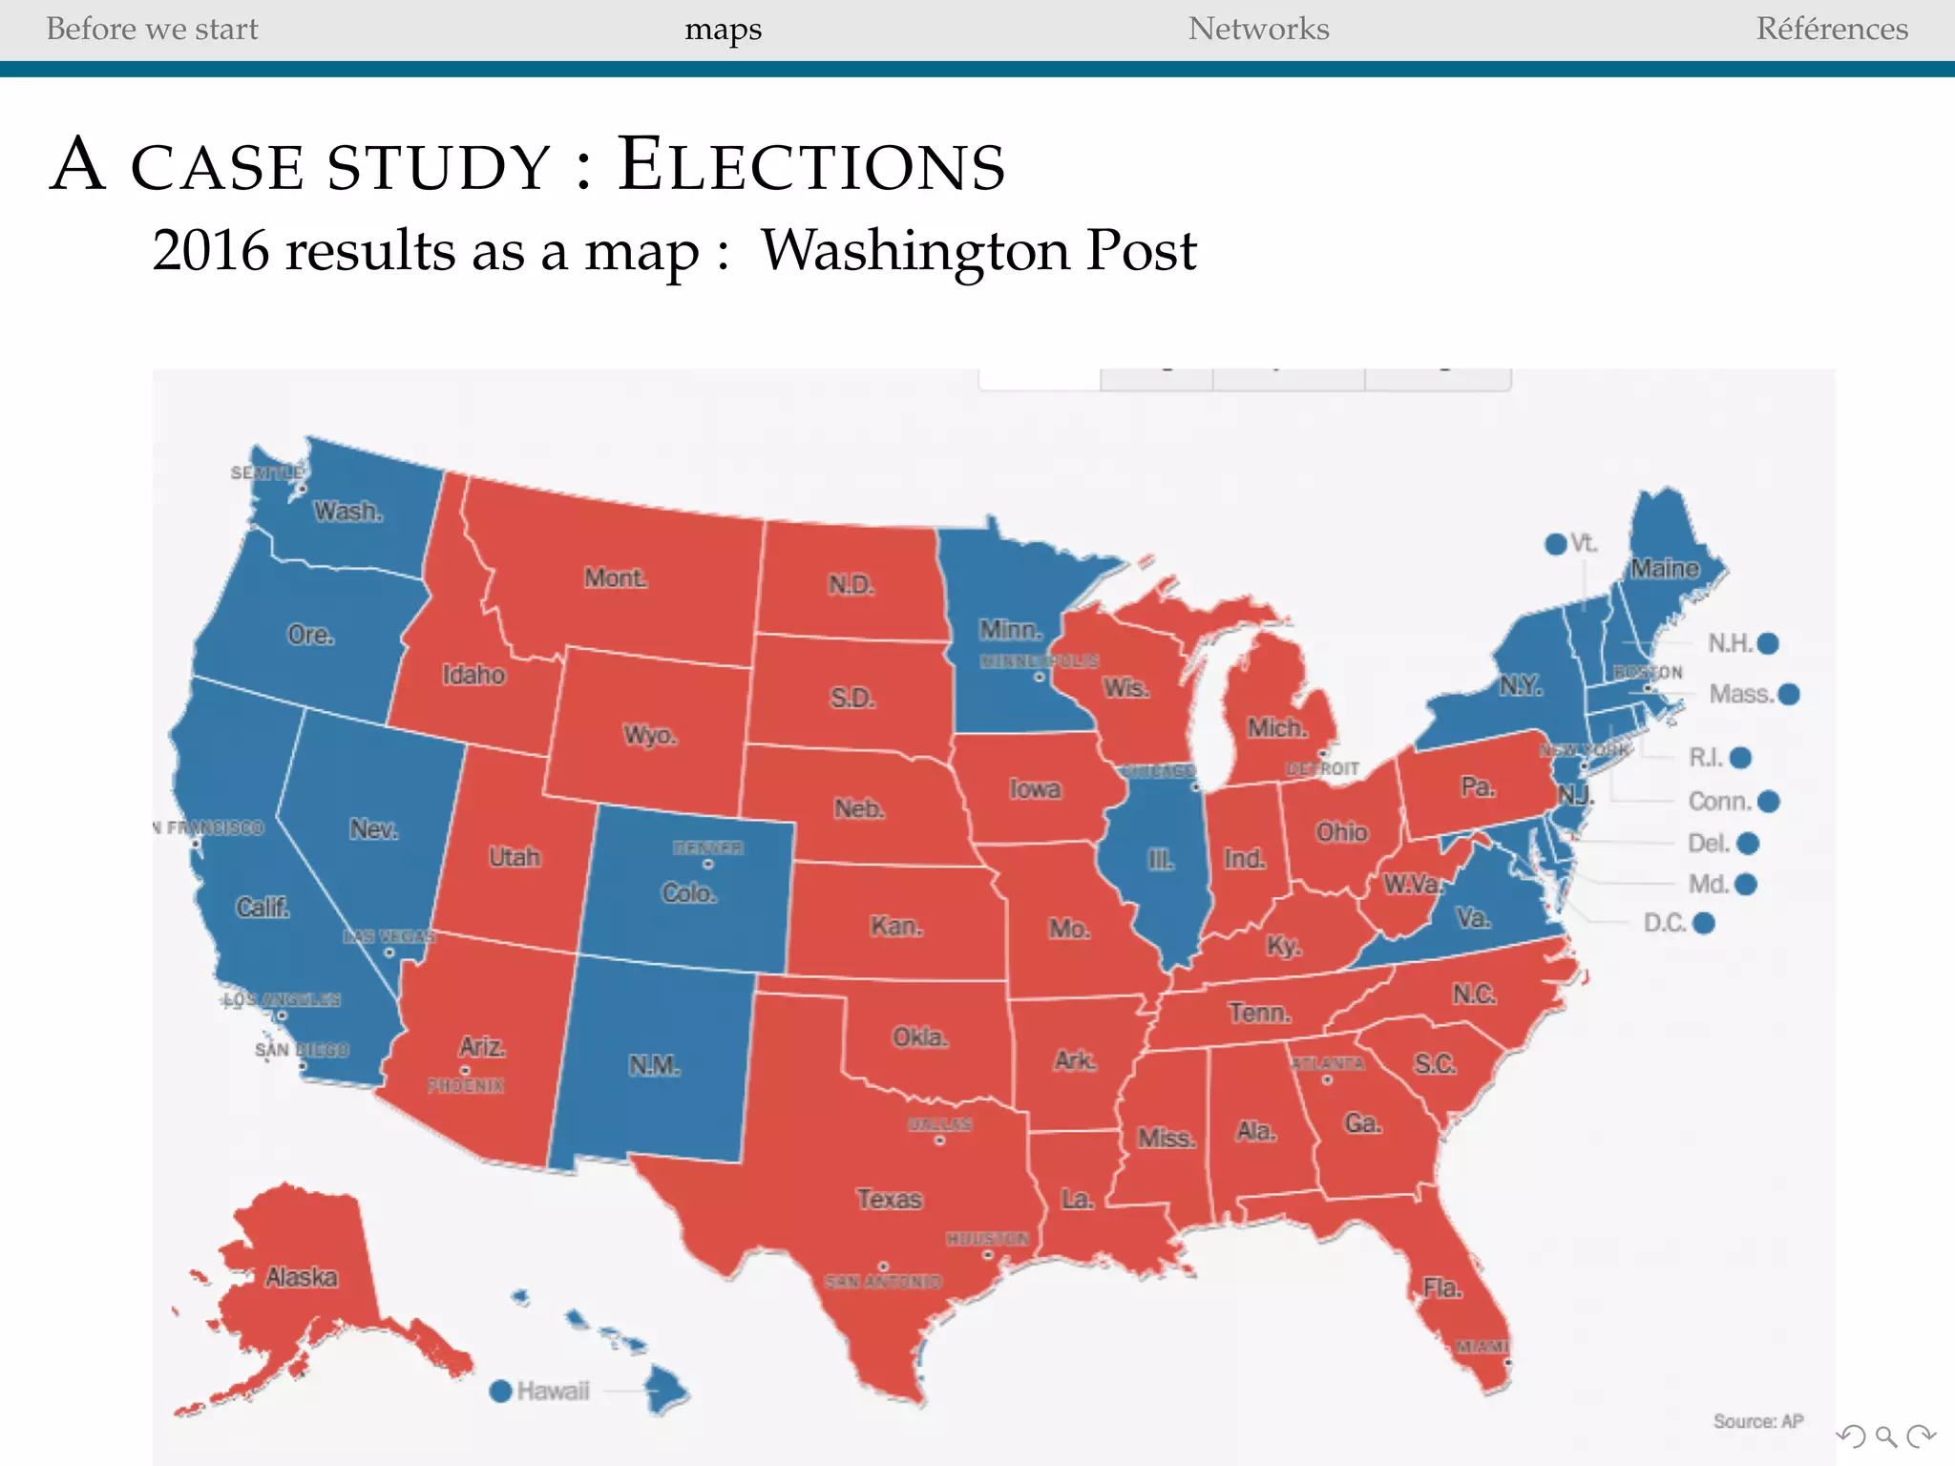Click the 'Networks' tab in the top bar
pyautogui.click(x=1258, y=29)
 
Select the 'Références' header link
pyautogui.click(x=1831, y=29)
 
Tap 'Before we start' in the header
pyautogui.click(x=152, y=29)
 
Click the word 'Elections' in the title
pyautogui.click(x=810, y=164)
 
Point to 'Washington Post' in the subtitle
pyautogui.click(x=978, y=250)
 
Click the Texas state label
pyautogui.click(x=889, y=1199)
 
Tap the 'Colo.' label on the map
pyautogui.click(x=689, y=893)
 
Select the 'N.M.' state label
pyautogui.click(x=654, y=1065)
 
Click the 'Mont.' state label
pyautogui.click(x=616, y=577)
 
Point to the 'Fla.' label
pyautogui.click(x=1442, y=1288)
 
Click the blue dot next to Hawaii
pyautogui.click(x=500, y=1391)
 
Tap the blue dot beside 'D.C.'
pyautogui.click(x=1704, y=923)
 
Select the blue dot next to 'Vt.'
pyautogui.click(x=1555, y=544)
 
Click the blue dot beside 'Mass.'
pyautogui.click(x=1789, y=694)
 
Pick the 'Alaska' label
pyautogui.click(x=302, y=1277)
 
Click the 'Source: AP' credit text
pyautogui.click(x=1757, y=1421)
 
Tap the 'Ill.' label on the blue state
pyautogui.click(x=1161, y=860)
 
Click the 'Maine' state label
pyautogui.click(x=1664, y=569)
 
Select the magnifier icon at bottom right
pyautogui.click(x=1885, y=1436)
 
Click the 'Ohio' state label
pyautogui.click(x=1341, y=832)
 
